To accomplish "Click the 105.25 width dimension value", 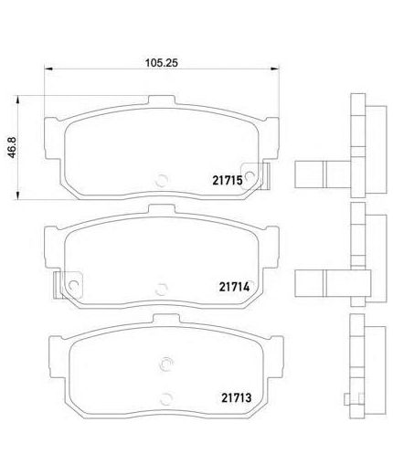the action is tap(161, 63).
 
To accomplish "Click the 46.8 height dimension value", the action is tap(12, 147).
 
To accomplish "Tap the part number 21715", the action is tap(228, 181).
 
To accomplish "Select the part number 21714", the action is tap(234, 287).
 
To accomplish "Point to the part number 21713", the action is tap(236, 397).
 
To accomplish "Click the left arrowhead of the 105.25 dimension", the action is tap(48, 69).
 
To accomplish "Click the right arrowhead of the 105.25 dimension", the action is tap(275, 69).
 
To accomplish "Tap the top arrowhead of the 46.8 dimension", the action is tap(18, 100).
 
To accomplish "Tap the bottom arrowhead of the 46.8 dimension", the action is tap(18, 195).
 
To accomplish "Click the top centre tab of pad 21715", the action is tap(162, 100).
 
